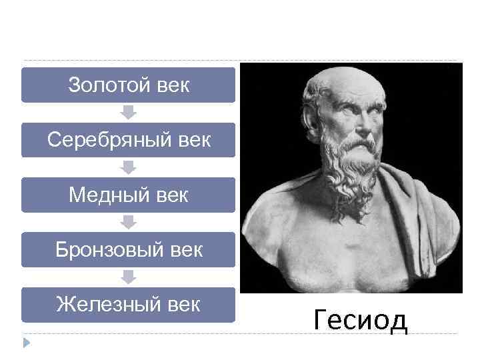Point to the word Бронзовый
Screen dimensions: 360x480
(x=107, y=250)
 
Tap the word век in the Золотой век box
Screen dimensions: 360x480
(x=172, y=85)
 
